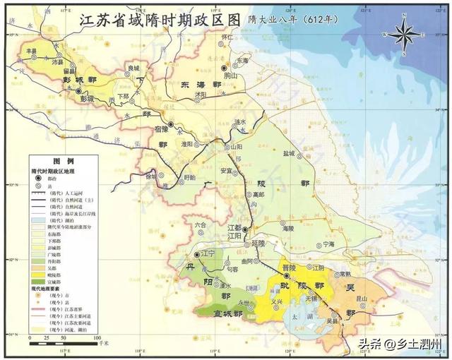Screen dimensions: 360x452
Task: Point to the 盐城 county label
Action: point(290,152)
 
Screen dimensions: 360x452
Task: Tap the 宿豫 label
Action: point(162,128)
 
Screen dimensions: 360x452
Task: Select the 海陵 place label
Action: point(287,229)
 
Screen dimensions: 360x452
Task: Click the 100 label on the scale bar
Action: point(95,337)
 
